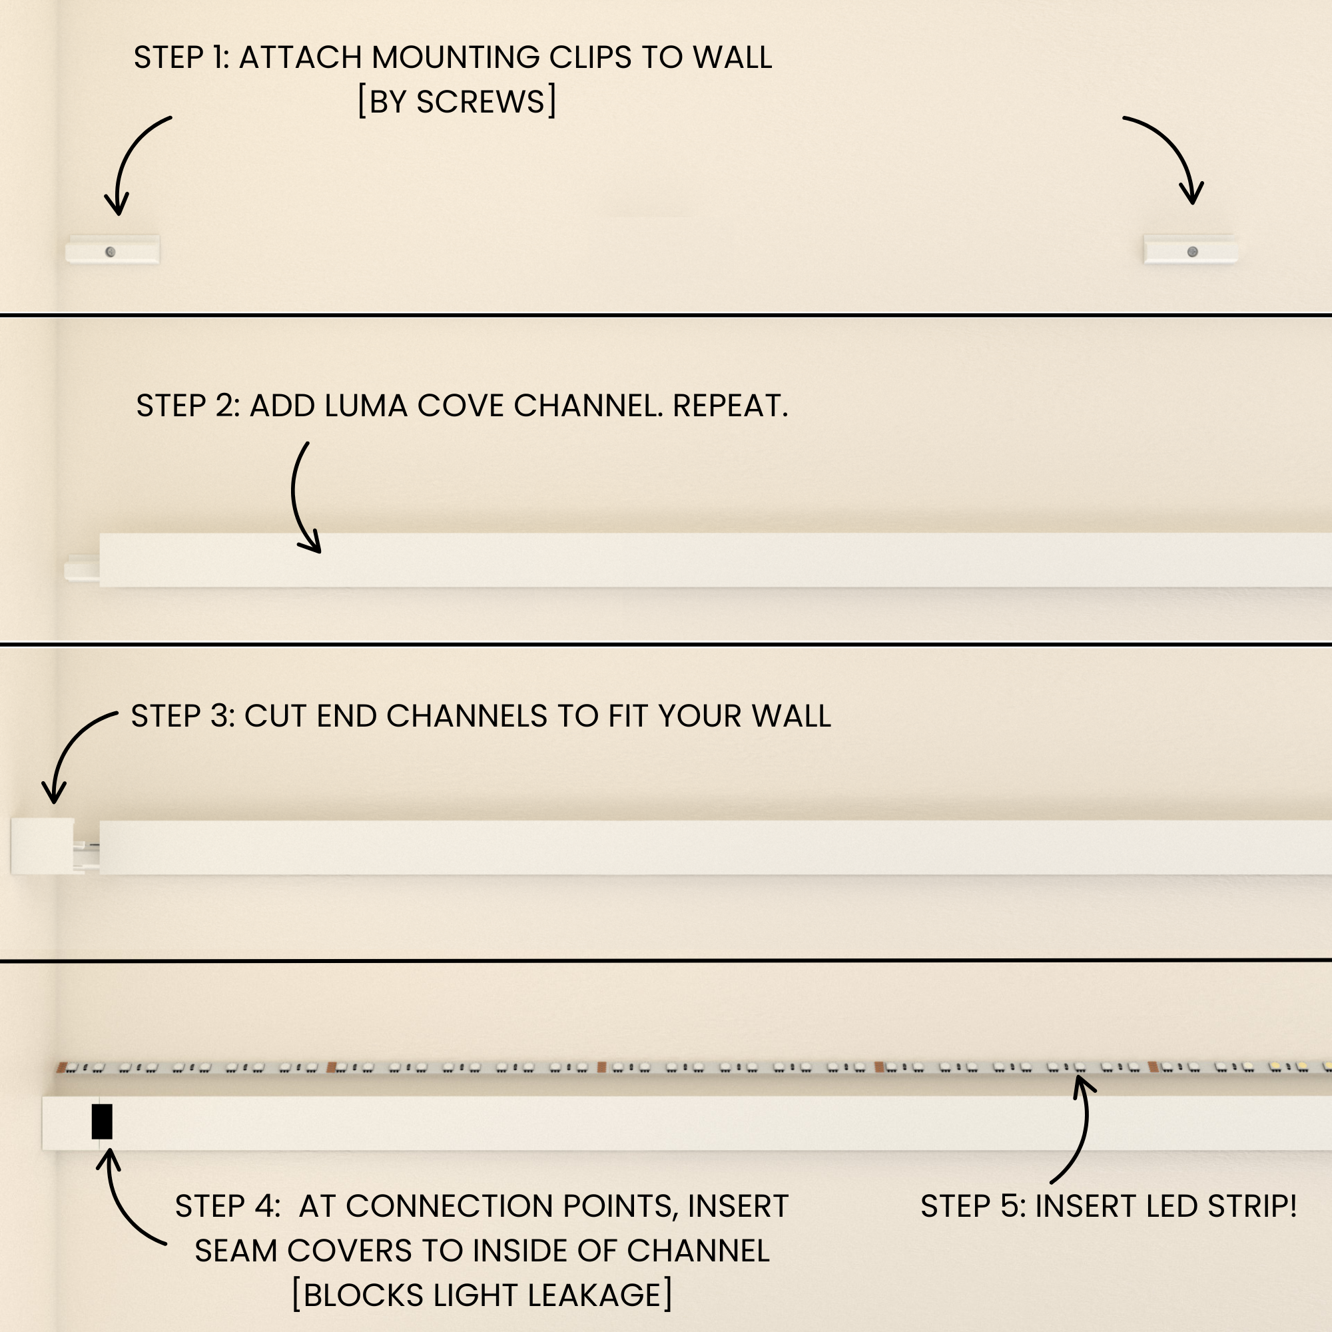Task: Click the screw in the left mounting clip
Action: pyautogui.click(x=111, y=252)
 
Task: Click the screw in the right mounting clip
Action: pyautogui.click(x=1192, y=252)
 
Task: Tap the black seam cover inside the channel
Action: pyautogui.click(x=102, y=1122)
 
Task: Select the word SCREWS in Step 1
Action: pyautogui.click(x=481, y=102)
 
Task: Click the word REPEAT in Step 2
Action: pyautogui.click(x=730, y=406)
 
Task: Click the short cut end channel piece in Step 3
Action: pyautogui.click(x=43, y=846)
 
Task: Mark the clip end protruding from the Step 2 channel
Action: pyautogui.click(x=82, y=567)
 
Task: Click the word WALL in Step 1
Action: pyautogui.click(x=732, y=57)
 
